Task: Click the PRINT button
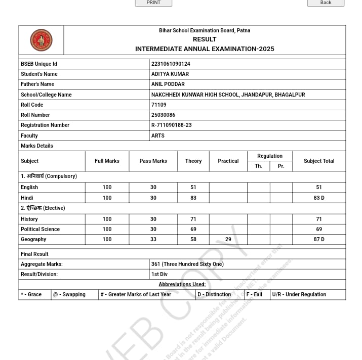point(153,3)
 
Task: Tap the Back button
point(326,3)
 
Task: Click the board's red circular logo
point(41,40)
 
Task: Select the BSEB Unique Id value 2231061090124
point(171,64)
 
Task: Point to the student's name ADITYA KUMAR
point(170,74)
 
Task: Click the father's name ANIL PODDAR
point(168,84)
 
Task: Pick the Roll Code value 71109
point(158,105)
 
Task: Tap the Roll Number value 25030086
point(163,115)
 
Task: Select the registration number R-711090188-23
point(171,125)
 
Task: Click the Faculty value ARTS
point(157,136)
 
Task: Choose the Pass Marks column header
point(153,161)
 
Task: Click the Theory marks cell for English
point(193,187)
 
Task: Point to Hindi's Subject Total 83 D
point(319,198)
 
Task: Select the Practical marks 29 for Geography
point(228,239)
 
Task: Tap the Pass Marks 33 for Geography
point(153,239)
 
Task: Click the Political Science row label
point(40,229)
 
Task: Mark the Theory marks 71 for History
point(193,219)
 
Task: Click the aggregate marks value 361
point(187,264)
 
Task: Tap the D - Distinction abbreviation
point(214,294)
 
